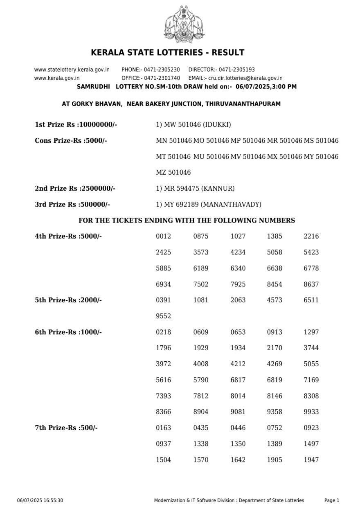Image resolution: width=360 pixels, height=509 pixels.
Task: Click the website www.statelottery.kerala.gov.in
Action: pos(72,70)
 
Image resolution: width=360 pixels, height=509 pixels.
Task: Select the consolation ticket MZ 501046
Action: pos(173,173)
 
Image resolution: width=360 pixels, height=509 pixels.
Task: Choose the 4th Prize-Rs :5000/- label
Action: pos(68,236)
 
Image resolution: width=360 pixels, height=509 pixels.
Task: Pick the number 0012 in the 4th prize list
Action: pos(163,236)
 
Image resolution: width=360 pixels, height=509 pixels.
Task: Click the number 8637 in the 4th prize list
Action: pos(311,284)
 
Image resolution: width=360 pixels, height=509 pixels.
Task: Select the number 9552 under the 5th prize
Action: pos(163,316)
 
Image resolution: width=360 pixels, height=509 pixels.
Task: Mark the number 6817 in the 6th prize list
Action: pos(238,380)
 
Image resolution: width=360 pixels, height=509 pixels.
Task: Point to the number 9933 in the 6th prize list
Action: pos(311,412)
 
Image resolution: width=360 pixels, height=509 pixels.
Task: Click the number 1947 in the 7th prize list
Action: pos(311,460)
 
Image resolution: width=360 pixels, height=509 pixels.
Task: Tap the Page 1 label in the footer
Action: pos(331,500)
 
